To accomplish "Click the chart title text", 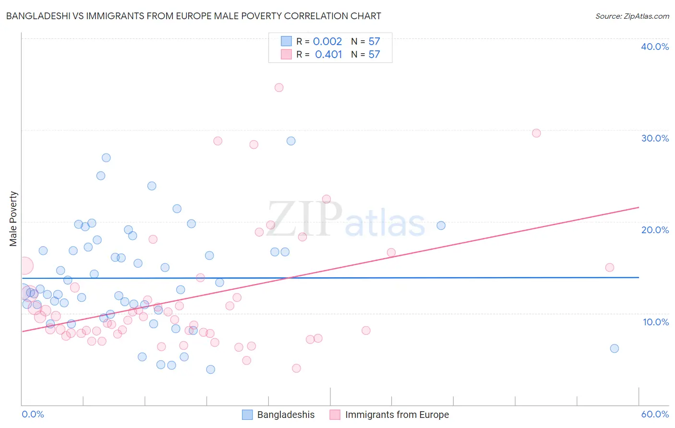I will coord(193,16).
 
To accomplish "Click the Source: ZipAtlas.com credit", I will coord(632,16).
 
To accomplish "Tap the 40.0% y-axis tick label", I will coord(655,47).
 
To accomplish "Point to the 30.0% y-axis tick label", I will coord(655,138).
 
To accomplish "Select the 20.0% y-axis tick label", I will coord(655,230).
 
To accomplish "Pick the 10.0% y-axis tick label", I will coord(656,322).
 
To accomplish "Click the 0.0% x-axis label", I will coord(33,414).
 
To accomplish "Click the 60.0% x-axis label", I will coord(655,414).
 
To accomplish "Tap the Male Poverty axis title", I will coord(13,219).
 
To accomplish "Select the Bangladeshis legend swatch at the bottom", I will coord(247,415).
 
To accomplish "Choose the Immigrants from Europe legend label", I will coord(397,415).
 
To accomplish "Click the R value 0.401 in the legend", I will coord(328,54).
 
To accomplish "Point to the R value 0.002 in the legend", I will coord(327,41).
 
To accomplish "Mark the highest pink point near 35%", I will coord(279,87).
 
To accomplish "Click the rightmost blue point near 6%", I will coord(615,348).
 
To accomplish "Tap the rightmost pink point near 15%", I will coord(610,267).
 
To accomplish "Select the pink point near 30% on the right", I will coord(536,133).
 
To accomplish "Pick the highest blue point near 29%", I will coord(291,141).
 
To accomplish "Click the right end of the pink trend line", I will coord(639,207).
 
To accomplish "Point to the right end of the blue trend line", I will coord(639,277).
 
